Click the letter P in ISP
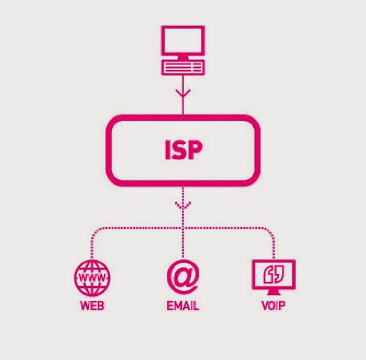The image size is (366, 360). click(196, 149)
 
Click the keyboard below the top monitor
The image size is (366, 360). click(183, 67)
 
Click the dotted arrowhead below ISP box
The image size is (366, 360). click(183, 205)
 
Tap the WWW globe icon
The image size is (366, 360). click(92, 277)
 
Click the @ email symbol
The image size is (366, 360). click(183, 278)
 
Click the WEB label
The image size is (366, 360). click(92, 307)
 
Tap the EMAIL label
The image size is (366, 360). click(183, 307)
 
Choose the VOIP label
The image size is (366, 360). click(273, 307)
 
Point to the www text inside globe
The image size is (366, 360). click(92, 278)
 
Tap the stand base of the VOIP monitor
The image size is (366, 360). click(274, 294)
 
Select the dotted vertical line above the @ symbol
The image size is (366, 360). click(183, 241)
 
